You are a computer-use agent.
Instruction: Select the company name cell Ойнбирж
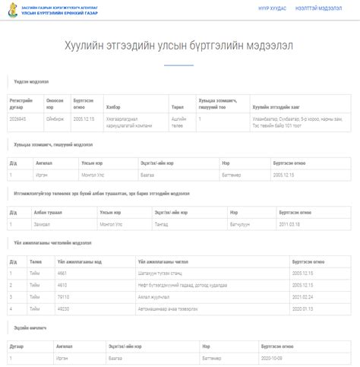click(55, 119)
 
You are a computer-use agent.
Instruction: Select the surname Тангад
click(162, 225)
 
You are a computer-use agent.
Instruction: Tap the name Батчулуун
click(239, 225)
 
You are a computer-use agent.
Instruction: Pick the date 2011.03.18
click(289, 225)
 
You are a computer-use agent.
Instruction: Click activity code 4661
click(62, 273)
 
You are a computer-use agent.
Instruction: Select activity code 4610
click(62, 284)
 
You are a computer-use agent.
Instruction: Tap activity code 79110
click(63, 296)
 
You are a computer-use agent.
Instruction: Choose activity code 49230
click(63, 308)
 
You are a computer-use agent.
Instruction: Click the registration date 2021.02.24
click(302, 296)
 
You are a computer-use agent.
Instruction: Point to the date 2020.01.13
click(302, 308)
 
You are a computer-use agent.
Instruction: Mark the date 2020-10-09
click(271, 356)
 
